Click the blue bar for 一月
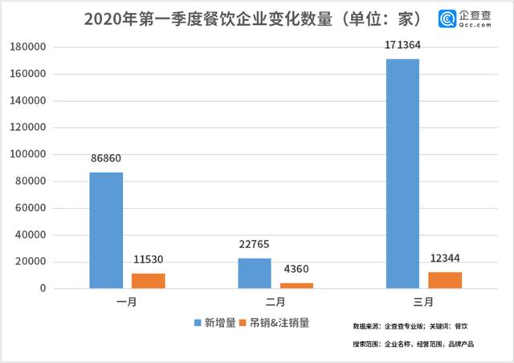point(106,230)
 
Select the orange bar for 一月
point(148,280)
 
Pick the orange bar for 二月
point(296,285)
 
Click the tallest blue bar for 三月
point(403,173)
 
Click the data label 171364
point(402,45)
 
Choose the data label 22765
point(255,244)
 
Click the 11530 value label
point(148,259)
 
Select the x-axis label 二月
point(275,304)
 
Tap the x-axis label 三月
point(423,304)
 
